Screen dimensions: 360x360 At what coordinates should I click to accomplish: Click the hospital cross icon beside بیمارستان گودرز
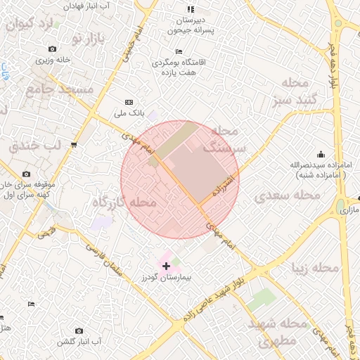pyautogui.click(x=166, y=266)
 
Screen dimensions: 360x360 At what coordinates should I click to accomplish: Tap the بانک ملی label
pyautogui.click(x=129, y=112)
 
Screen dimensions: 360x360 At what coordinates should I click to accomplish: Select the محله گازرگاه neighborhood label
pyautogui.click(x=123, y=202)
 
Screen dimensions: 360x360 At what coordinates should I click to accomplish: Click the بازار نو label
pyautogui.click(x=86, y=37)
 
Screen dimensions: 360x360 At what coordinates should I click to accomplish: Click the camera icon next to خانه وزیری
pyautogui.click(x=52, y=49)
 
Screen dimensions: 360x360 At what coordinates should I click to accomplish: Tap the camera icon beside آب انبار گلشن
pyautogui.click(x=78, y=330)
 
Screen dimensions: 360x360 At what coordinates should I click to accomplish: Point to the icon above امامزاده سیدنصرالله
pyautogui.click(x=321, y=154)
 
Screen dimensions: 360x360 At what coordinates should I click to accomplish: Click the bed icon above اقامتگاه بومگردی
pyautogui.click(x=179, y=51)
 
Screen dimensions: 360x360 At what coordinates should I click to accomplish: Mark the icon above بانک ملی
pyautogui.click(x=128, y=101)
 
